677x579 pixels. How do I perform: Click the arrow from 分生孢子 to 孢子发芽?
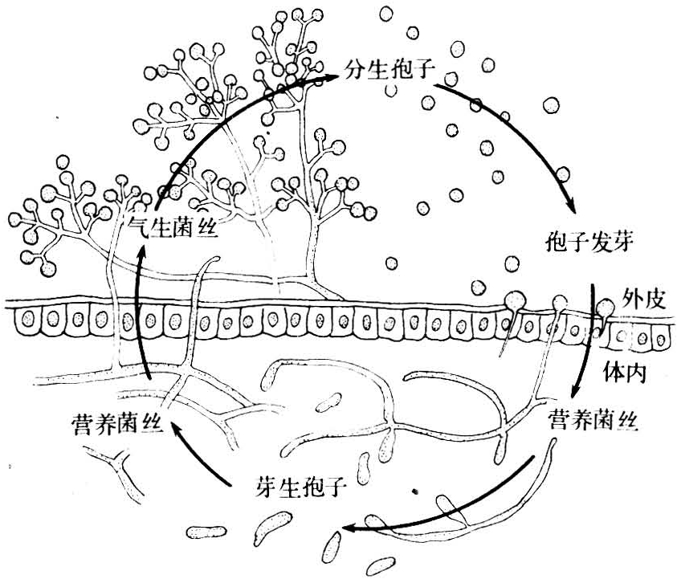pos(522,133)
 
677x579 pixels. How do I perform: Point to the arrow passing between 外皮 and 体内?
pos(589,337)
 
